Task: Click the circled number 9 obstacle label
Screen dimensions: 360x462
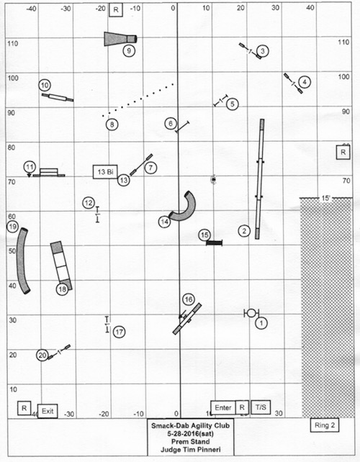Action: (x=129, y=50)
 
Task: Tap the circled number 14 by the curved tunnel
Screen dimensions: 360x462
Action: (x=165, y=222)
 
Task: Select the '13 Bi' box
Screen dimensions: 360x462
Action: (x=105, y=171)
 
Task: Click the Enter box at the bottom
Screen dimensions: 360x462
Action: (x=223, y=407)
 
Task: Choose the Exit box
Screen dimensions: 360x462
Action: (x=48, y=411)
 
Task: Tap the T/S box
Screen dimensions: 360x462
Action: (x=261, y=407)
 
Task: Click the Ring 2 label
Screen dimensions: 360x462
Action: (x=325, y=425)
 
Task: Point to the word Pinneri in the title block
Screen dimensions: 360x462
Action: (x=208, y=450)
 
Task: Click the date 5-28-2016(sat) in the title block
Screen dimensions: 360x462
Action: (x=191, y=433)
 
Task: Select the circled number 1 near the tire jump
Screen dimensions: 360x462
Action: (x=261, y=323)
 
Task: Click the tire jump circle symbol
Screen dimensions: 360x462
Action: (x=251, y=313)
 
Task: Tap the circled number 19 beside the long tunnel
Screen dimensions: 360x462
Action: (x=12, y=227)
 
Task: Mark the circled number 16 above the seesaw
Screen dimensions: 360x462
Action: (x=189, y=299)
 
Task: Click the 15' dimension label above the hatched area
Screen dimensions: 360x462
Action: (x=325, y=199)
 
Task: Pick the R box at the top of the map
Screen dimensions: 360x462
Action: (x=116, y=10)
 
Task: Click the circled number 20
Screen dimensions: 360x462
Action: (x=42, y=355)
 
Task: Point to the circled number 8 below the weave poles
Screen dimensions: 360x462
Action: (x=112, y=124)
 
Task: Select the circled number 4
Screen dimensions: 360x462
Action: (x=305, y=81)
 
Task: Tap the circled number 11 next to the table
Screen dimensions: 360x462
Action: (x=30, y=167)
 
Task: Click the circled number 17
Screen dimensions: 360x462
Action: (x=119, y=332)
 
